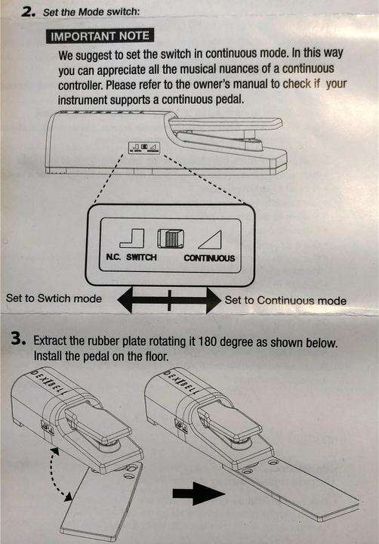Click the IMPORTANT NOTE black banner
tap(99, 36)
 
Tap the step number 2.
tap(29, 11)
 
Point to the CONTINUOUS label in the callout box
tap(209, 258)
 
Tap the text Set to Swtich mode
tap(54, 298)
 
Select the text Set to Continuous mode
tap(285, 300)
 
